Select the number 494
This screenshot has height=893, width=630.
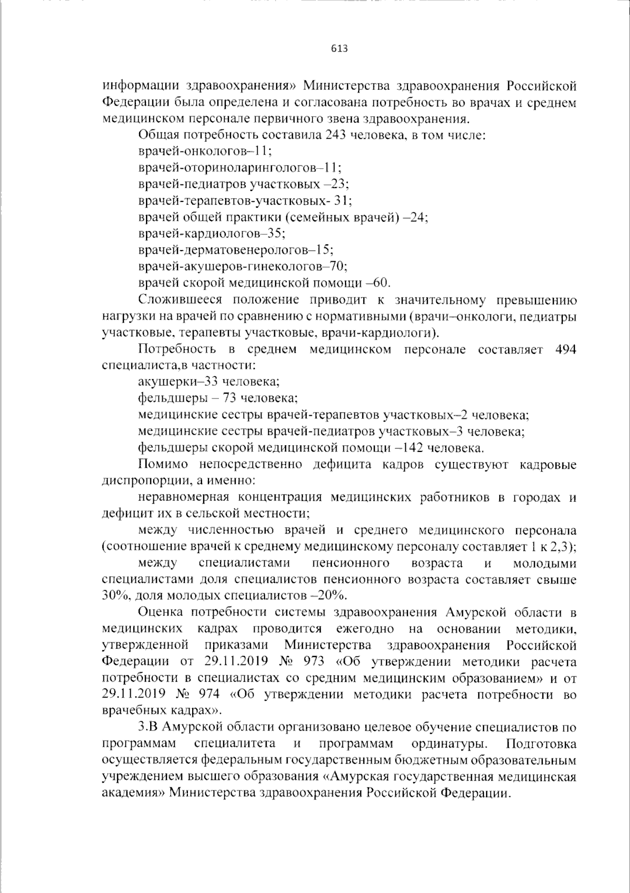(x=565, y=350)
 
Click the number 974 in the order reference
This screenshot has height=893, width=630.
(x=208, y=694)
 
